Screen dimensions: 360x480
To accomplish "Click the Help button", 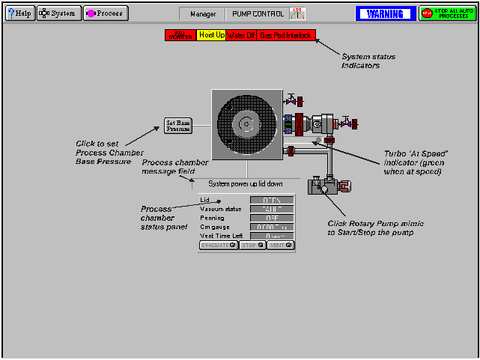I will tap(19, 13).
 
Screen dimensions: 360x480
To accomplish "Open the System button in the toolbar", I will tap(58, 13).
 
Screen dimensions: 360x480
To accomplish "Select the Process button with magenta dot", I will tap(106, 13).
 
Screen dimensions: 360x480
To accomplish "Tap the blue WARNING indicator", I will tap(385, 13).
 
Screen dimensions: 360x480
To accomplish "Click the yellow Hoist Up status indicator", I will tap(212, 35).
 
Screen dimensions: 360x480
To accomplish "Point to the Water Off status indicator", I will tap(241, 35).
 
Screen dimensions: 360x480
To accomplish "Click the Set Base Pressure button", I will tap(178, 125).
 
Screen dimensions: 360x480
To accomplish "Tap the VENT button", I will tap(280, 245).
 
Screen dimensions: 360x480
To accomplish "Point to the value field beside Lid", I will tap(272, 200).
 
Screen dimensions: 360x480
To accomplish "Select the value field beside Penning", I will tap(272, 218).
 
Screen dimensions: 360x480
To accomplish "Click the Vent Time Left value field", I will tap(272, 236).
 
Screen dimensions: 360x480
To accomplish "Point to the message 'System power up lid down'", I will tap(245, 183).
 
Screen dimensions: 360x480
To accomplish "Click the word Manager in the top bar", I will tap(203, 13).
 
